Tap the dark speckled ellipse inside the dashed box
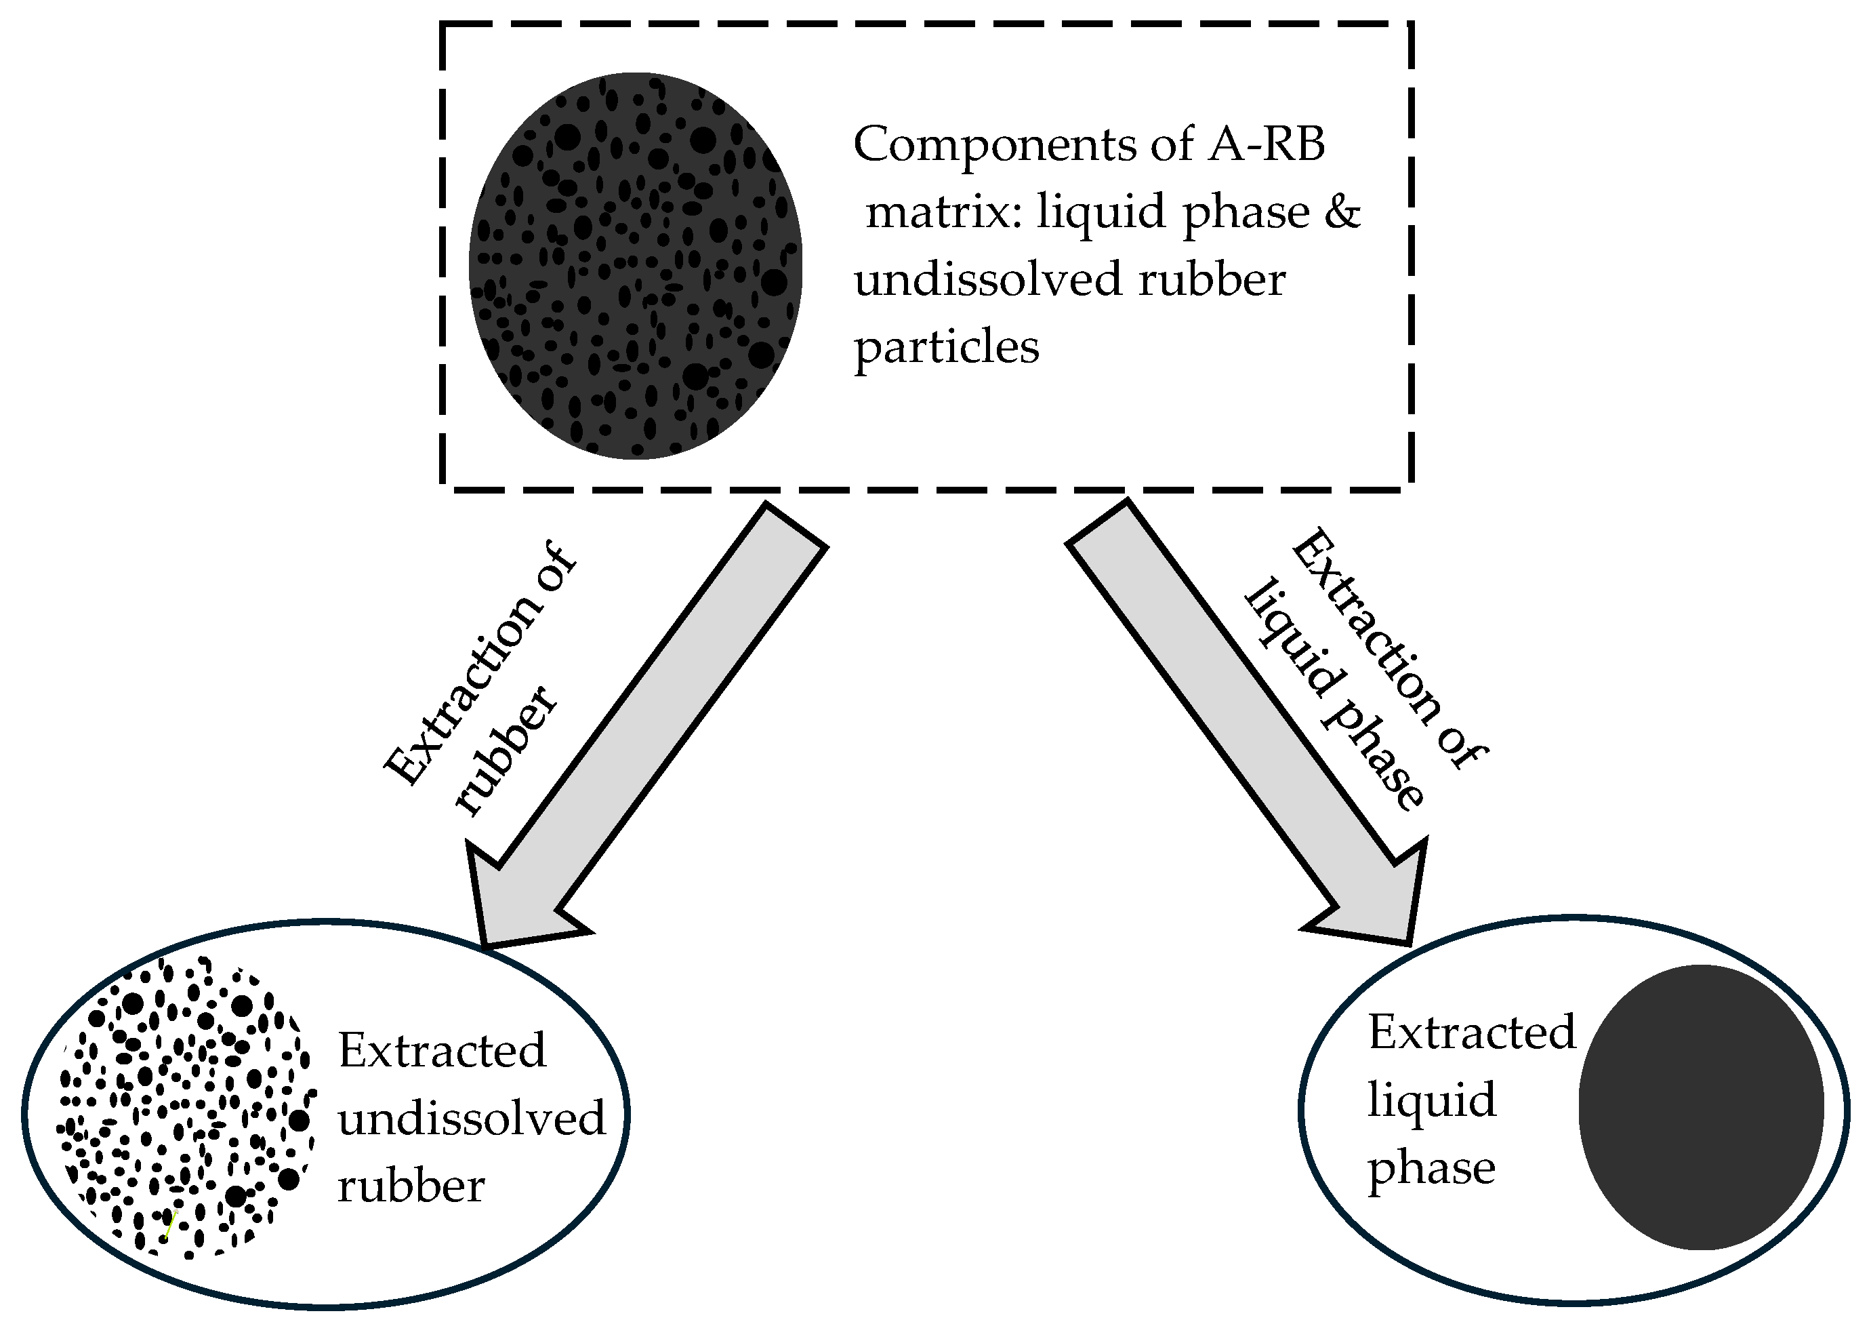click(x=635, y=266)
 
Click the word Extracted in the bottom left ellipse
click(x=442, y=1051)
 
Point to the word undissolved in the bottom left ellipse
click(x=471, y=1118)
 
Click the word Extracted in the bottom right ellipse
click(x=1472, y=1033)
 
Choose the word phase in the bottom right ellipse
click(x=1431, y=1169)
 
